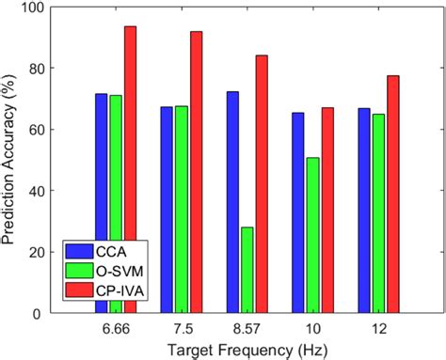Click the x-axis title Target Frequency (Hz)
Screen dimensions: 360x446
coord(247,349)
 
